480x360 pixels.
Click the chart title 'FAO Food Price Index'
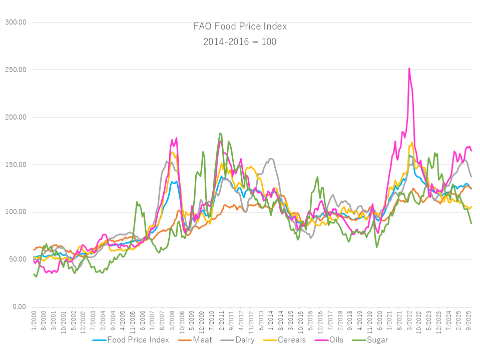(x=240, y=26)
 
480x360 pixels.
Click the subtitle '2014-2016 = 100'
(x=240, y=41)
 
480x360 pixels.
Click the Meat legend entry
(x=200, y=340)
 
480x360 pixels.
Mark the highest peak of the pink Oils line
(x=409, y=68)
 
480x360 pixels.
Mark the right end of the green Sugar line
(x=471, y=223)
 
